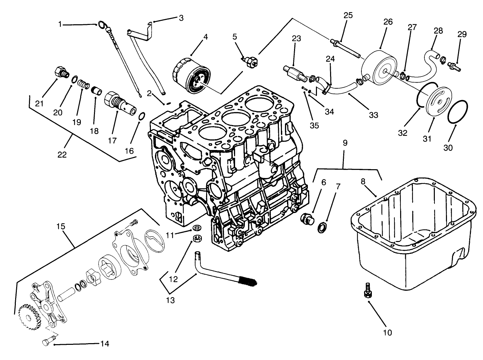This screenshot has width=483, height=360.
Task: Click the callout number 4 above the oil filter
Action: pos(205,37)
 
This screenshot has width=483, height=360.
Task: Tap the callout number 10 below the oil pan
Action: pos(388,333)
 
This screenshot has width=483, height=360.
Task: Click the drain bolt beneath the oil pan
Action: pos(366,290)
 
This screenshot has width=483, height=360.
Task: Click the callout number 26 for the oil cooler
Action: pos(388,22)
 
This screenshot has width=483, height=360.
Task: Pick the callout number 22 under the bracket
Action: pos(62,154)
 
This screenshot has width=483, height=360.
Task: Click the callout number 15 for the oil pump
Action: pos(60,227)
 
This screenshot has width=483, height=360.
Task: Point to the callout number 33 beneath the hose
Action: pos(373,115)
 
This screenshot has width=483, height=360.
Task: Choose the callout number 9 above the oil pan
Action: pos(345,143)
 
